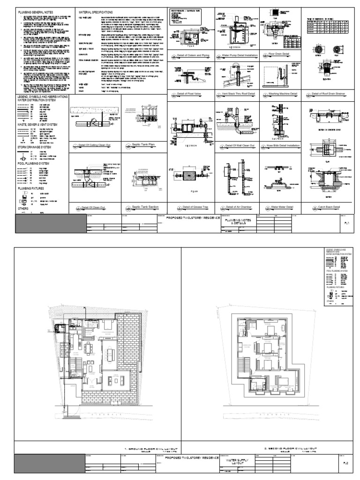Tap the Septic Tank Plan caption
click(x=143, y=145)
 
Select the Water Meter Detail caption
click(x=282, y=206)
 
